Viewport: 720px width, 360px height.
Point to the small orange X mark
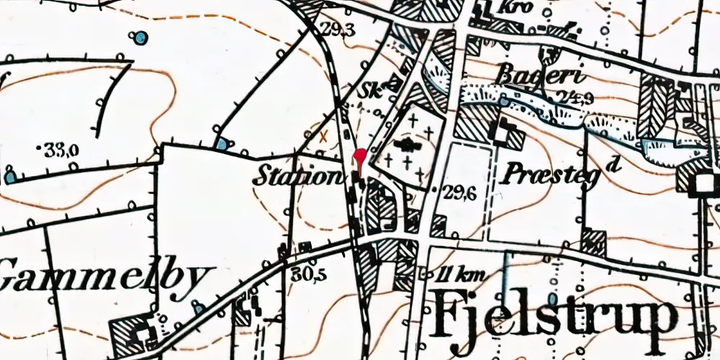324,134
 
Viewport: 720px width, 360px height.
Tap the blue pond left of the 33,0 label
10,176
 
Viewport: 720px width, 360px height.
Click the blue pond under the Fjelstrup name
553,297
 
